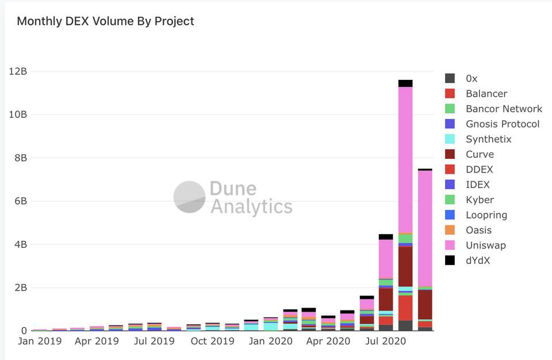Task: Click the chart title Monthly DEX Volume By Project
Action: tap(105, 21)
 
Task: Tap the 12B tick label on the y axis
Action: tap(17, 71)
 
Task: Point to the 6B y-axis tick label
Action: tap(18, 201)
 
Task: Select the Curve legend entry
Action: tap(480, 154)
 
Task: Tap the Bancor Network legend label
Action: tap(504, 109)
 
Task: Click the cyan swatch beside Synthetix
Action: tap(450, 139)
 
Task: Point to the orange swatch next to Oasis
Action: tap(450, 230)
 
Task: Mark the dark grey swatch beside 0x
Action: tap(450, 78)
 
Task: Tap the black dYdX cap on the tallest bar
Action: tap(405, 83)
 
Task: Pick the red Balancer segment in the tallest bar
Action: tap(405, 307)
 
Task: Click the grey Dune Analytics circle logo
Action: tap(189, 197)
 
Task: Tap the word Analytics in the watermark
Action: tap(251, 206)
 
